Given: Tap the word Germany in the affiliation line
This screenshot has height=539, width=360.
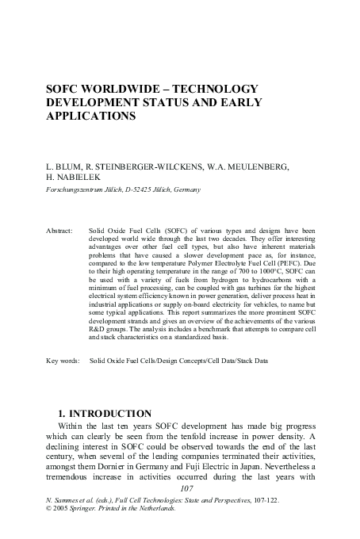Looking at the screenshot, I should tap(186, 190).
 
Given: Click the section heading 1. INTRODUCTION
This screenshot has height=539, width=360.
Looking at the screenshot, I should tap(105, 414).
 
